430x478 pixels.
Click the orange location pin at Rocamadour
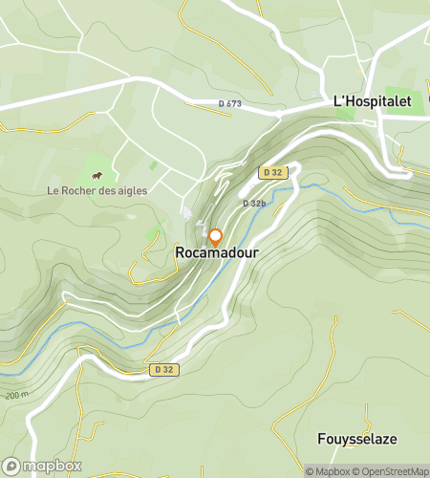pos(215,237)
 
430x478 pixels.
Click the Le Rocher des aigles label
pos(97,190)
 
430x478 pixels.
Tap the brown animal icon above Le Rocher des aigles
pos(97,175)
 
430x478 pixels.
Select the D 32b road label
pos(253,204)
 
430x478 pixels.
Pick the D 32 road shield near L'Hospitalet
pos(271,172)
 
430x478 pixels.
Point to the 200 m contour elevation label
pos(15,394)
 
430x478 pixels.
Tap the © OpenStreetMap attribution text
pos(392,471)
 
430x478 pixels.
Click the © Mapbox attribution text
pos(328,471)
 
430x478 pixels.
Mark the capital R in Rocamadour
pos(180,253)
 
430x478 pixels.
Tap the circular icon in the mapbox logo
pos(12,466)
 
